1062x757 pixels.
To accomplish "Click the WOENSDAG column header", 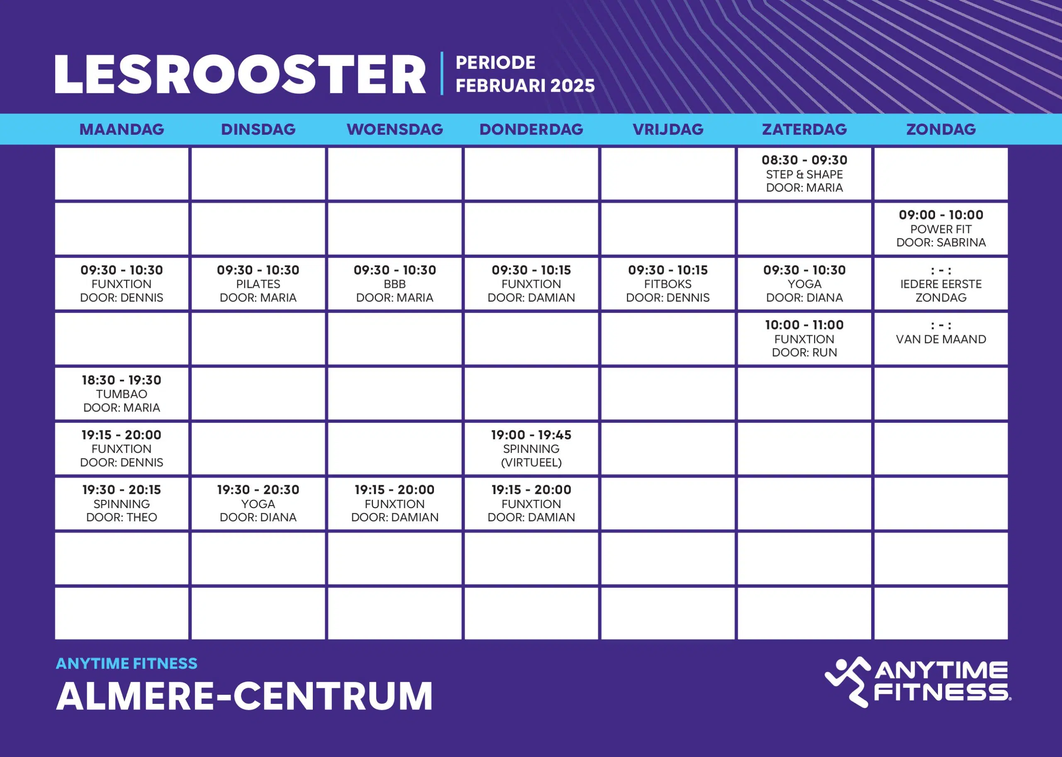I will (395, 129).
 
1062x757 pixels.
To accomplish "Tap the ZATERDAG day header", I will (804, 129).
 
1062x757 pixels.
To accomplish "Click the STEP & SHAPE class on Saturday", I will (804, 174).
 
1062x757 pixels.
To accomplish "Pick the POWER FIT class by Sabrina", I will (941, 229).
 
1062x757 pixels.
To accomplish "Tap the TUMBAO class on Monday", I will (122, 394).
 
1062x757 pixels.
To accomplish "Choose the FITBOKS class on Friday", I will (667, 283).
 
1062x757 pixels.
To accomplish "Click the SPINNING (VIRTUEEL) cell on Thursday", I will (531, 449).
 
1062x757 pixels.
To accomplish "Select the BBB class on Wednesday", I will (395, 283).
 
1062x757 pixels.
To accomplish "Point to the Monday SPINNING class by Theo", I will (122, 504).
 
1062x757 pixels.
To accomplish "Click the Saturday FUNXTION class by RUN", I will (804, 339).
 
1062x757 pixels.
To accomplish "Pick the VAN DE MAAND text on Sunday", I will (941, 339).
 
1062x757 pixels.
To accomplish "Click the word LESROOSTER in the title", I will (240, 75).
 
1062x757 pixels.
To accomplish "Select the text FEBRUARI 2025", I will (525, 86).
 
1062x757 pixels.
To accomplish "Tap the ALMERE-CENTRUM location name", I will (244, 696).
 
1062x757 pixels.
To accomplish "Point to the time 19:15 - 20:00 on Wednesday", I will (395, 490).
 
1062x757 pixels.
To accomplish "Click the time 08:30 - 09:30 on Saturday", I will (804, 161).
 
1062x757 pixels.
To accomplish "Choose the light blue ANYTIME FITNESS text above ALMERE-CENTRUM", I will (127, 663).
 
